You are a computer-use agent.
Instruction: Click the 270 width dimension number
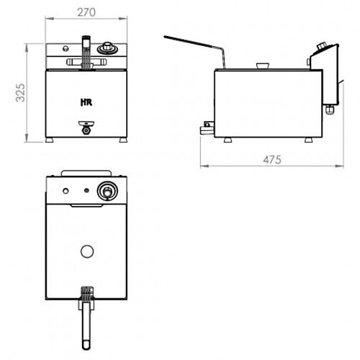(x=86, y=12)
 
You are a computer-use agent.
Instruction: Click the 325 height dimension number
(x=20, y=93)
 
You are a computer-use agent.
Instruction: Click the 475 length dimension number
(x=272, y=160)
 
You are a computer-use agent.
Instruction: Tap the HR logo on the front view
(x=86, y=102)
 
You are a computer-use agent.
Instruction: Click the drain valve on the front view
(x=86, y=127)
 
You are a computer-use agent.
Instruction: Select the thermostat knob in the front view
(x=108, y=48)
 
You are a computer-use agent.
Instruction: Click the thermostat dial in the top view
(x=107, y=191)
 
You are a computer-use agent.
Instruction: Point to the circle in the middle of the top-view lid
(x=87, y=251)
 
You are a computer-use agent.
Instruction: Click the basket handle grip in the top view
(x=86, y=325)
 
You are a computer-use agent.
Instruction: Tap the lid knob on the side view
(x=262, y=66)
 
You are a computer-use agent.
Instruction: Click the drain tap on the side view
(x=207, y=128)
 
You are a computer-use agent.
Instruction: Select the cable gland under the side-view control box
(x=330, y=109)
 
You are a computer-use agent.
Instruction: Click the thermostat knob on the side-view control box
(x=322, y=46)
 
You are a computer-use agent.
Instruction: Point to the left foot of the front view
(x=50, y=140)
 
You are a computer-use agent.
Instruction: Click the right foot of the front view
(x=123, y=140)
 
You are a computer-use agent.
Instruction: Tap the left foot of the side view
(x=228, y=140)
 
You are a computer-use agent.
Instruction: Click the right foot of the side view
(x=309, y=140)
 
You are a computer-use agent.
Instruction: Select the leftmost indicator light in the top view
(x=66, y=191)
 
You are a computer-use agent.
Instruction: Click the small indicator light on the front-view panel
(x=65, y=48)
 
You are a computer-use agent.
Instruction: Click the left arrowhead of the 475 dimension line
(x=204, y=166)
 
